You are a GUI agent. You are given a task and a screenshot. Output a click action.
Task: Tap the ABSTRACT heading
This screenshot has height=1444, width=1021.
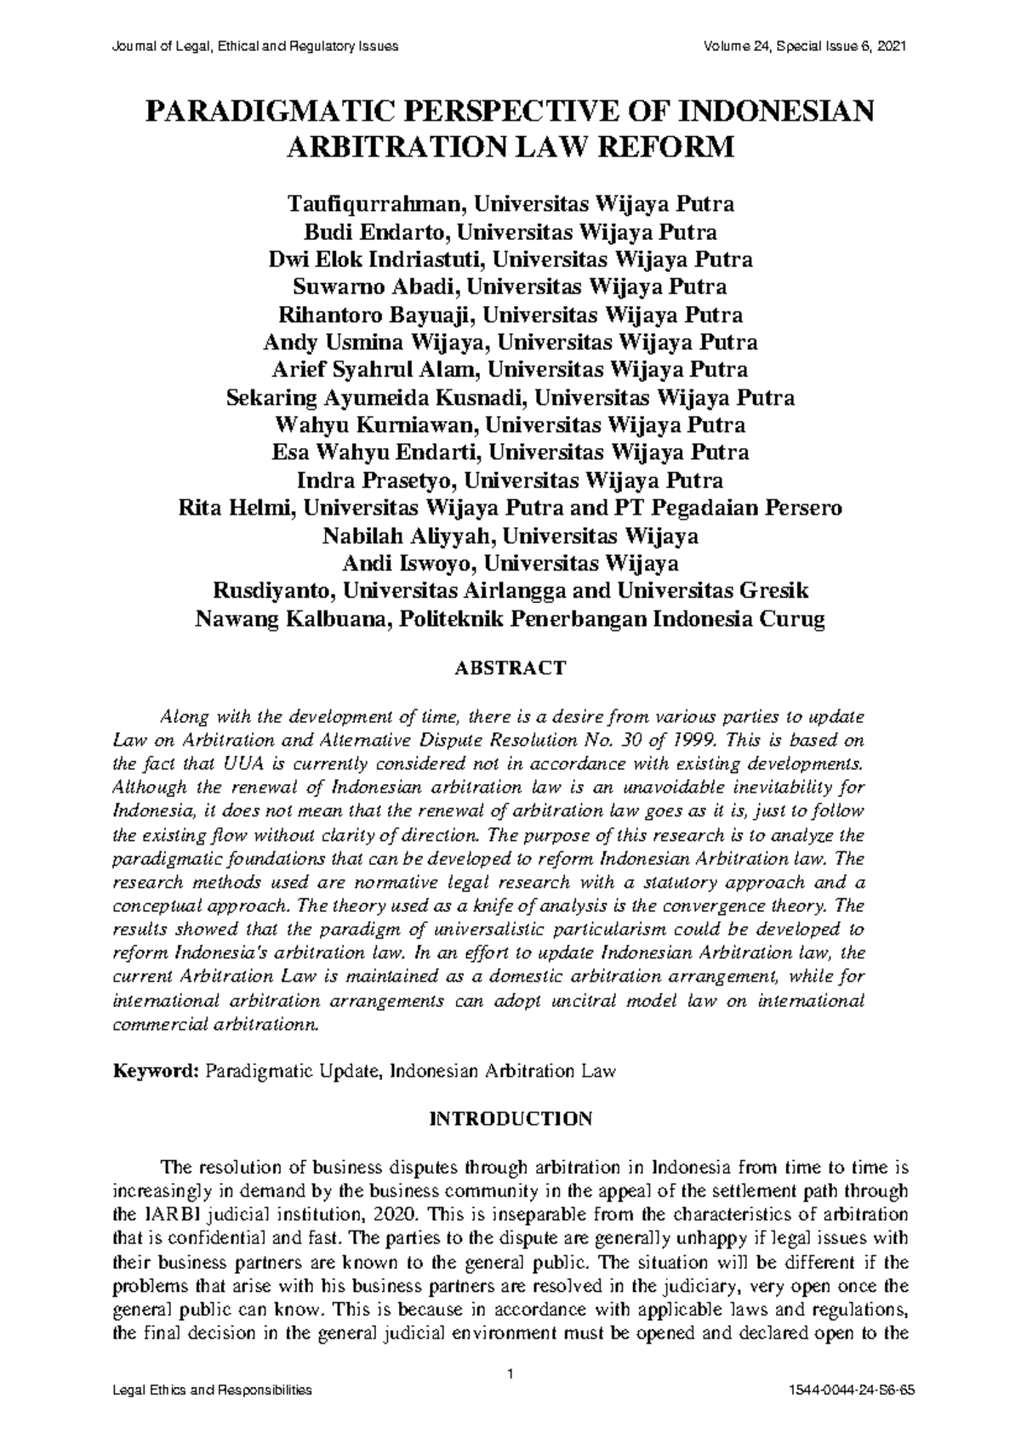point(510,668)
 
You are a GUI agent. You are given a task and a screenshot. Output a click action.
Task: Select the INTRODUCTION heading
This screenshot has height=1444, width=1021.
point(510,1118)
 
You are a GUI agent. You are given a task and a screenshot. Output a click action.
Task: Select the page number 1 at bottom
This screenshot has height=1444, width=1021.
point(510,1374)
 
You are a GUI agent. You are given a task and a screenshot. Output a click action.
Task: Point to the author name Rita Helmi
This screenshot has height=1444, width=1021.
point(236,509)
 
